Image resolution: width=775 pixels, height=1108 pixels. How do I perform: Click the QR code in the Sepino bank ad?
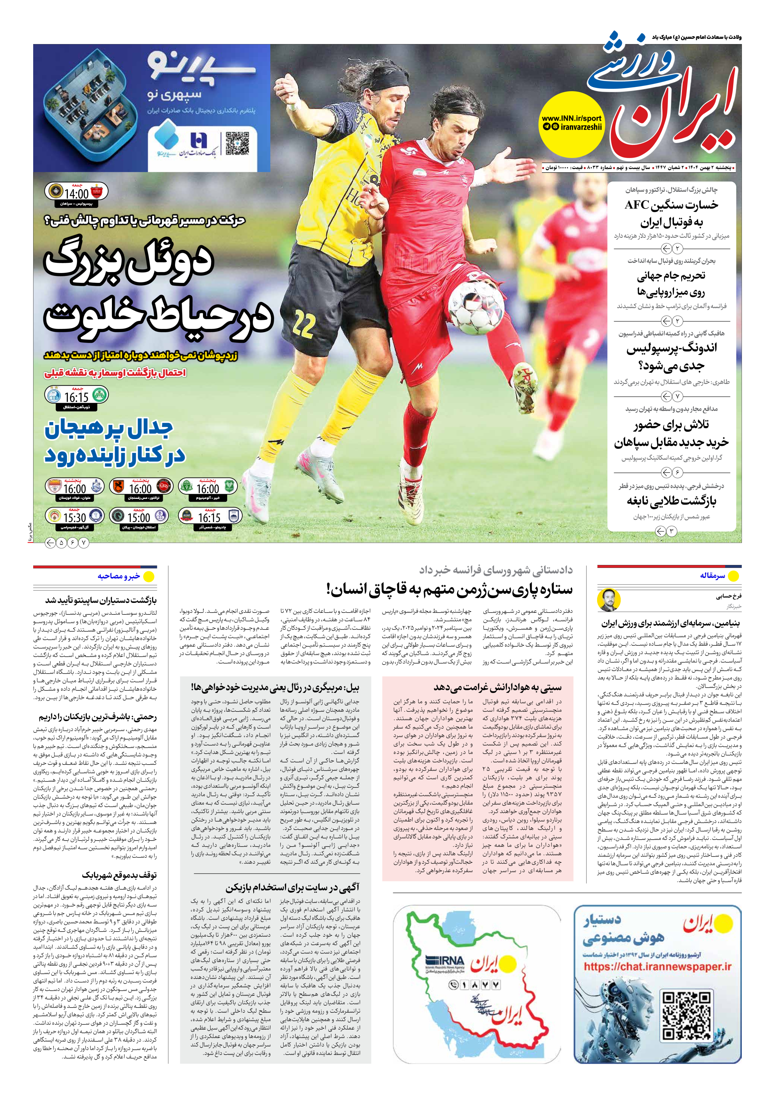click(x=237, y=144)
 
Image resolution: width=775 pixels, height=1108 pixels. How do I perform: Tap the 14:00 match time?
click(x=77, y=194)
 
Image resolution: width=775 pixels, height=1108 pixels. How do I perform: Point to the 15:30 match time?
click(x=75, y=518)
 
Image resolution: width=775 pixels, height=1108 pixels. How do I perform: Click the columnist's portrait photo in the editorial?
click(x=609, y=600)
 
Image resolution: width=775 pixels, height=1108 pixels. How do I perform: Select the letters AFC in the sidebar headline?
click(x=636, y=205)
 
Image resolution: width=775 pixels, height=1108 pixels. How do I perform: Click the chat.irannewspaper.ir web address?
click(x=657, y=966)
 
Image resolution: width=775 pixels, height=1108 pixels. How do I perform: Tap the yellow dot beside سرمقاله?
click(x=733, y=576)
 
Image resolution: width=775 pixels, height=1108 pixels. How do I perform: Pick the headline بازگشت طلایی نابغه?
click(x=671, y=500)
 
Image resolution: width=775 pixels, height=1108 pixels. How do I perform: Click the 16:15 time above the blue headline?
click(x=77, y=397)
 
